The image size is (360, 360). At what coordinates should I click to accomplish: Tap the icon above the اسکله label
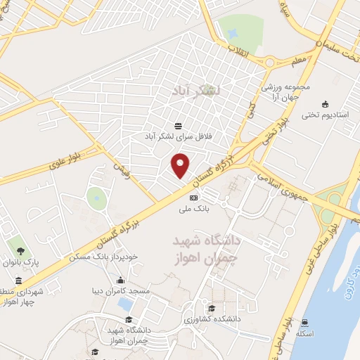[x=304, y=323]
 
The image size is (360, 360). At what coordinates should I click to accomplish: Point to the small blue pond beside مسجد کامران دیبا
[x=125, y=304]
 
